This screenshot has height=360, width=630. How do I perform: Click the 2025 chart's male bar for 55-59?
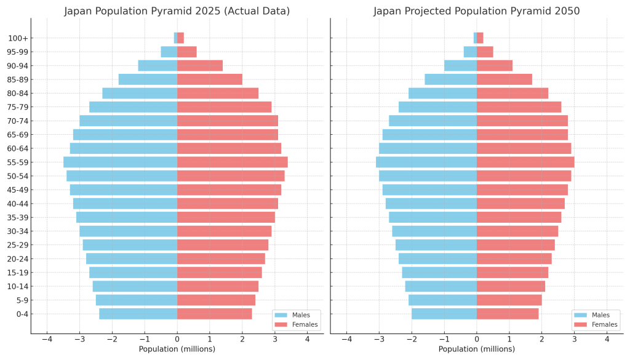120,162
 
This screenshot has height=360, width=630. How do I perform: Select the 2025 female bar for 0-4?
215,314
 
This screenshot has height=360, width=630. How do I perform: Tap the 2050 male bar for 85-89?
450,79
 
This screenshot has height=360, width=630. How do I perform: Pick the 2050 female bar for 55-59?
525,162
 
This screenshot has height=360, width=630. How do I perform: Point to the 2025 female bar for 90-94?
200,66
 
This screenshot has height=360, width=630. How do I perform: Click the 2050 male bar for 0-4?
444,314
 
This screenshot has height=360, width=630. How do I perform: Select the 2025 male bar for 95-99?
169,52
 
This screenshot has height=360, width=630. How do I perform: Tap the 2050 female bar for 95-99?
485,52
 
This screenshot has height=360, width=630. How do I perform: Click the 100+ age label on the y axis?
17,38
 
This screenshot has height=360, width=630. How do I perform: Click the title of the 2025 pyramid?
177,11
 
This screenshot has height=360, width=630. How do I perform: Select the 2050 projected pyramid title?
476,11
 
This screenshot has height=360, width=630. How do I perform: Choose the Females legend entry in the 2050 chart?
600,324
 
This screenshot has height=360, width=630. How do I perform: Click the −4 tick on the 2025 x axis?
47,338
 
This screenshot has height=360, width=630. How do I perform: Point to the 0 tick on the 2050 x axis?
477,338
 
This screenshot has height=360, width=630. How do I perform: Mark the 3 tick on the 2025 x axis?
274,338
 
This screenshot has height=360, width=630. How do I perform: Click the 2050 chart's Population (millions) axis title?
476,350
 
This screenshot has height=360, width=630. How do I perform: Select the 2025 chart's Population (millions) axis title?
177,350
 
